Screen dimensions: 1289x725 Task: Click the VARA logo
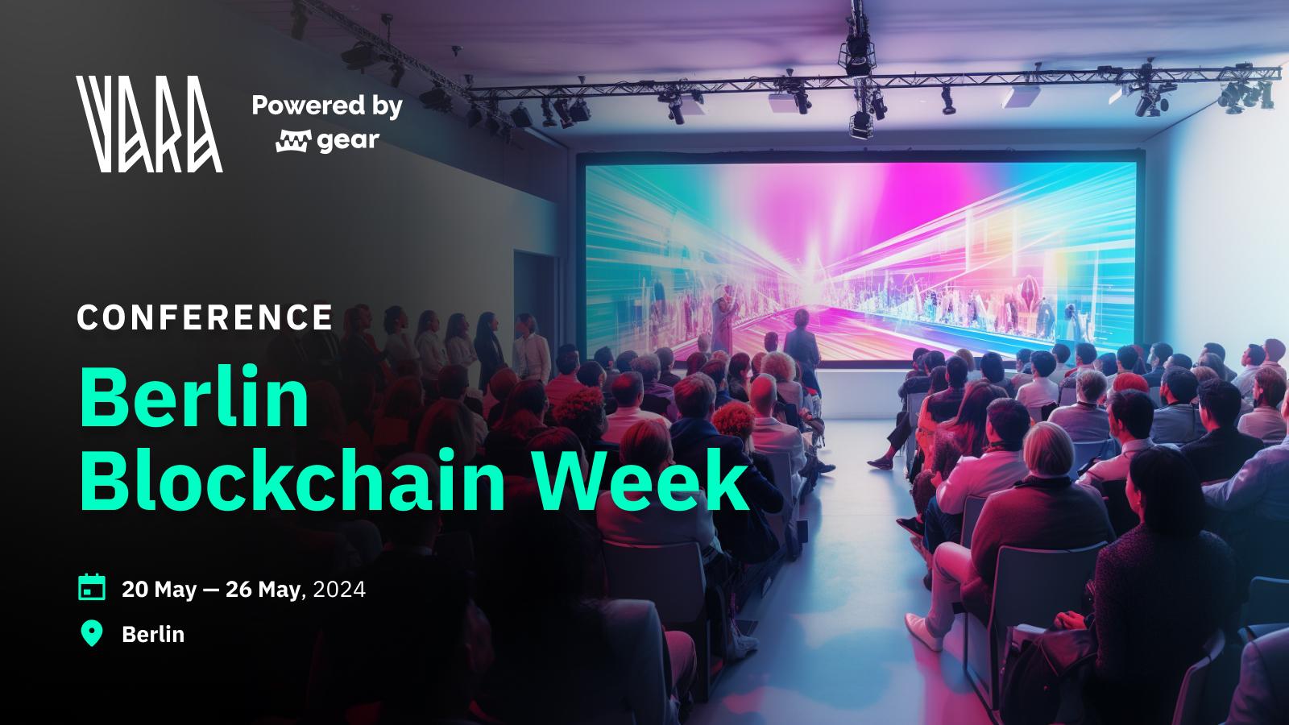pyautogui.click(x=149, y=124)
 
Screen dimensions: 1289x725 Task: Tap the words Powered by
pyautogui.click(x=327, y=106)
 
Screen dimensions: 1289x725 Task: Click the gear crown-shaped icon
pyautogui.click(x=293, y=140)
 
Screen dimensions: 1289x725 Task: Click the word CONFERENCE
pyautogui.click(x=205, y=317)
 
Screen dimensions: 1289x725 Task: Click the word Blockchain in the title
pyautogui.click(x=292, y=480)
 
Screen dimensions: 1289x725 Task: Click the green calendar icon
pyautogui.click(x=92, y=587)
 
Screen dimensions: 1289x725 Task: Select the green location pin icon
pyautogui.click(x=92, y=633)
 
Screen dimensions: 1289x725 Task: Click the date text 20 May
pyautogui.click(x=159, y=590)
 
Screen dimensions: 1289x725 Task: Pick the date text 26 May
pyautogui.click(x=263, y=590)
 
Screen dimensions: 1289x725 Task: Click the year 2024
pyautogui.click(x=339, y=590)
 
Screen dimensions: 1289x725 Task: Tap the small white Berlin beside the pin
pyautogui.click(x=153, y=635)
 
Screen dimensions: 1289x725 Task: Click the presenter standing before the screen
pyautogui.click(x=802, y=346)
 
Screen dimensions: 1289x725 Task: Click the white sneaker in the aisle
pyautogui.click(x=923, y=632)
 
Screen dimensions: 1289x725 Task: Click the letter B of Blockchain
pyautogui.click(x=102, y=480)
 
